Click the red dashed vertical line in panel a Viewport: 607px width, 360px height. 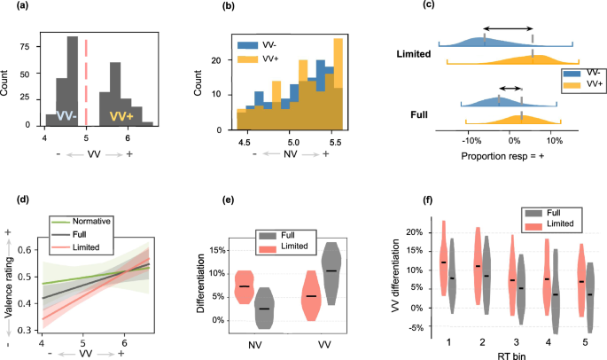tap(86, 80)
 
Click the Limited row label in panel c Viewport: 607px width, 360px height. tap(417, 54)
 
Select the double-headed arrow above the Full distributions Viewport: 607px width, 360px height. tap(510, 88)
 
